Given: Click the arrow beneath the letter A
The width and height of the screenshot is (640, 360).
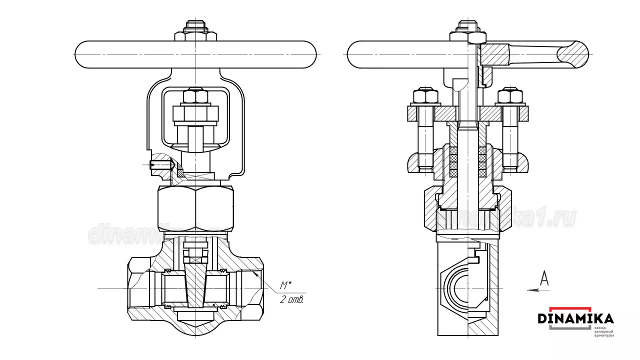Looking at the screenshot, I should [538, 289].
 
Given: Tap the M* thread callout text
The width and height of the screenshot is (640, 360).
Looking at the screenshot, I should [285, 285].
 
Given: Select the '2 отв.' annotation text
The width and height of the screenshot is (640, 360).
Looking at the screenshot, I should [291, 300].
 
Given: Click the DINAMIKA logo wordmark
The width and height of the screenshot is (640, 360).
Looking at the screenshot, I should [575, 318].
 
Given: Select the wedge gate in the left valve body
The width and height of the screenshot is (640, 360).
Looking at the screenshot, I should [195, 285].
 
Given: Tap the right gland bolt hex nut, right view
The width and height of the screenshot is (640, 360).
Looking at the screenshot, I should [510, 96].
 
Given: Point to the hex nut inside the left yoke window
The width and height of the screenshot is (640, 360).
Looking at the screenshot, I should [195, 96].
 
